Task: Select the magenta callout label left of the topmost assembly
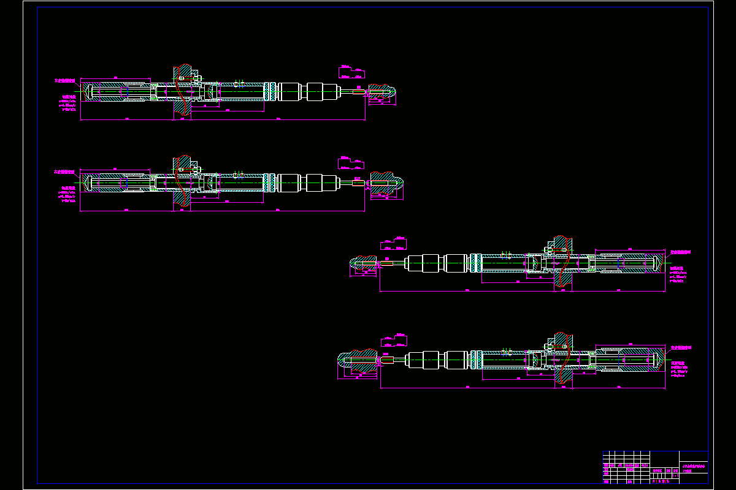pos(65,80)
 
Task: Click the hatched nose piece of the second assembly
pos(386,182)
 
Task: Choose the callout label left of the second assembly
pos(65,172)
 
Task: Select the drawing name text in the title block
pos(694,469)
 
